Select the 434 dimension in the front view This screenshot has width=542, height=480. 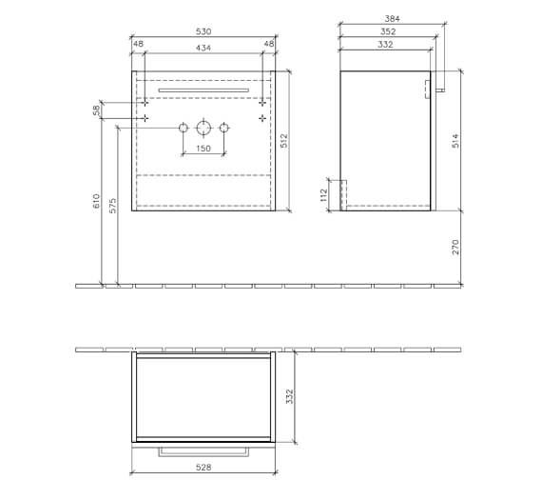[x=203, y=48]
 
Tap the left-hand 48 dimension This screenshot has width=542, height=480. [x=138, y=44]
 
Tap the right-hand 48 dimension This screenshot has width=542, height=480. [x=269, y=44]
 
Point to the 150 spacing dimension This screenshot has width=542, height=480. [x=203, y=149]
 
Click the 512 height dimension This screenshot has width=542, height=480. [x=284, y=140]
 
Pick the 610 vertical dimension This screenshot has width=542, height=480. [x=96, y=202]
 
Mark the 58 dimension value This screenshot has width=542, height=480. [x=96, y=110]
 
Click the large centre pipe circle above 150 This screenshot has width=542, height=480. [x=203, y=128]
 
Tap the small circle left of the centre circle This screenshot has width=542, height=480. [x=184, y=128]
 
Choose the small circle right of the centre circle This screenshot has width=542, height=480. [x=224, y=128]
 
